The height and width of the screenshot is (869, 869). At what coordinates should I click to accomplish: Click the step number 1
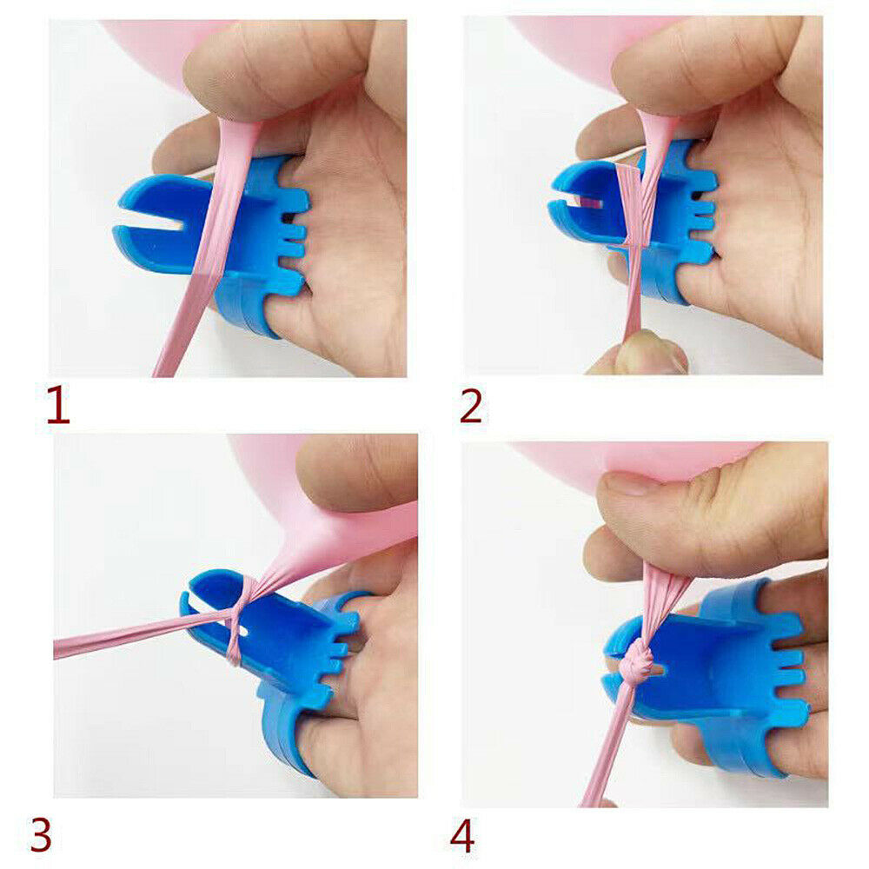[57, 406]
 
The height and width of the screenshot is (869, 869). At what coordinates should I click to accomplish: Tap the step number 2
[470, 406]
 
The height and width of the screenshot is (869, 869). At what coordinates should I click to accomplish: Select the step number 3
[41, 835]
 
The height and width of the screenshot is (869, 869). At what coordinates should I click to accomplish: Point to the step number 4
[462, 836]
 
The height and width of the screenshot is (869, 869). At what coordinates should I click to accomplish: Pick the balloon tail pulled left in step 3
[138, 634]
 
